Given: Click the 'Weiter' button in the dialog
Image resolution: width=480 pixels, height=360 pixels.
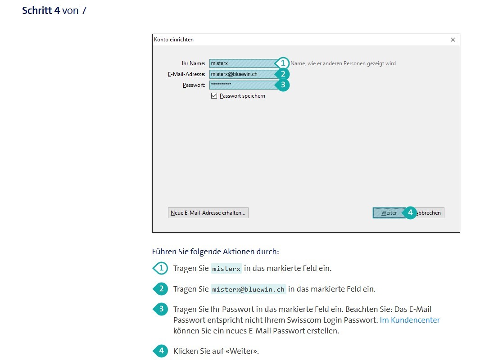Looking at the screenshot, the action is click(389, 213).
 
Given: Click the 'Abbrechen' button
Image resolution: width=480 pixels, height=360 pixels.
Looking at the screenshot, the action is click(429, 213).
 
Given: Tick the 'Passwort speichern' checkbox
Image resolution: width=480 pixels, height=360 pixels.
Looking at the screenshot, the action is click(214, 96).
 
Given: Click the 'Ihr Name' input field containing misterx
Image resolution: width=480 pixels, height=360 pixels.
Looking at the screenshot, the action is click(243, 63).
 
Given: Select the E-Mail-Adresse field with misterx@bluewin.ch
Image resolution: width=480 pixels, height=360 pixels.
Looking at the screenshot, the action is click(243, 74).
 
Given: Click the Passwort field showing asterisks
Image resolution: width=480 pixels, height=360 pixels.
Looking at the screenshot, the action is click(243, 85).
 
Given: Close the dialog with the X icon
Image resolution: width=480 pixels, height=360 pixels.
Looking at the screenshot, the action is click(453, 40).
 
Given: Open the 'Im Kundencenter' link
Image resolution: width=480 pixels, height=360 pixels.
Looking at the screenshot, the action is click(410, 320).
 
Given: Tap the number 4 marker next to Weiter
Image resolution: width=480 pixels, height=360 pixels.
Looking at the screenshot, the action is click(410, 212).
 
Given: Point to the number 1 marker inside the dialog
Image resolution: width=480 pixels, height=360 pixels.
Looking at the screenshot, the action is click(282, 63).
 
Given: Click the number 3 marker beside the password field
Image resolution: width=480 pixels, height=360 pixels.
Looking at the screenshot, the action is click(282, 85).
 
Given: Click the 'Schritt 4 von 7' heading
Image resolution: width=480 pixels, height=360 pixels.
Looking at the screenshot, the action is click(54, 10).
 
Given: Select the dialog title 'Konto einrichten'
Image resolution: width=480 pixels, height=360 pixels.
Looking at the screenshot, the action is click(173, 40).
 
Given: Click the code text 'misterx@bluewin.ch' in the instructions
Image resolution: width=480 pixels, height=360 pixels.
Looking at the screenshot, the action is click(248, 289).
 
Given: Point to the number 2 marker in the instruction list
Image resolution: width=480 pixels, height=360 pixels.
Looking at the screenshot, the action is click(160, 289).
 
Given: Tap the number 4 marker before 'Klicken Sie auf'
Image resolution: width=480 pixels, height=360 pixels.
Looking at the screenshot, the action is click(160, 351).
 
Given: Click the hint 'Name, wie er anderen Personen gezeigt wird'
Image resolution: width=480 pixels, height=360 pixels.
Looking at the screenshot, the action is click(343, 63).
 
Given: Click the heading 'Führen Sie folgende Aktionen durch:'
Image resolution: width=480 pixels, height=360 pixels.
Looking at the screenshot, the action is click(216, 252).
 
